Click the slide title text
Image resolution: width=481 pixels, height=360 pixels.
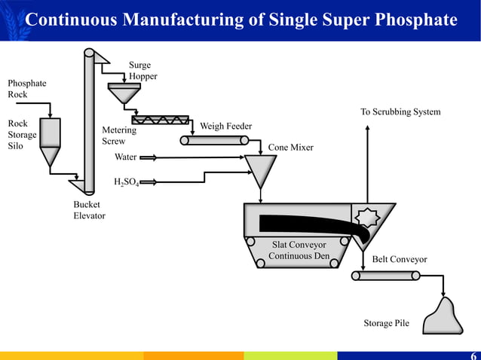click(241, 19)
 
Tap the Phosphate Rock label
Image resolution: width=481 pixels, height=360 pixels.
click(26, 89)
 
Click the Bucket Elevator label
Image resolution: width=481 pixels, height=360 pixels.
click(89, 210)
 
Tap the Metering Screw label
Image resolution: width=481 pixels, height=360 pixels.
click(119, 136)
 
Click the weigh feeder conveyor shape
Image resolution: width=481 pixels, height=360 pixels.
click(209, 139)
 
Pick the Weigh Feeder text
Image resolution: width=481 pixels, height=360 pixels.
click(225, 126)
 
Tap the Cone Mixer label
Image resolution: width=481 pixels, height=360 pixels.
click(290, 148)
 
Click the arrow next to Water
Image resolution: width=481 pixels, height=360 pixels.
click(148, 157)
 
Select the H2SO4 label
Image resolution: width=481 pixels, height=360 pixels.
click(126, 182)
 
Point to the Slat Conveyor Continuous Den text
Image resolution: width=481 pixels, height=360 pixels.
click(299, 250)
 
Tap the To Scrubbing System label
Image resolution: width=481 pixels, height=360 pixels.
click(400, 112)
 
